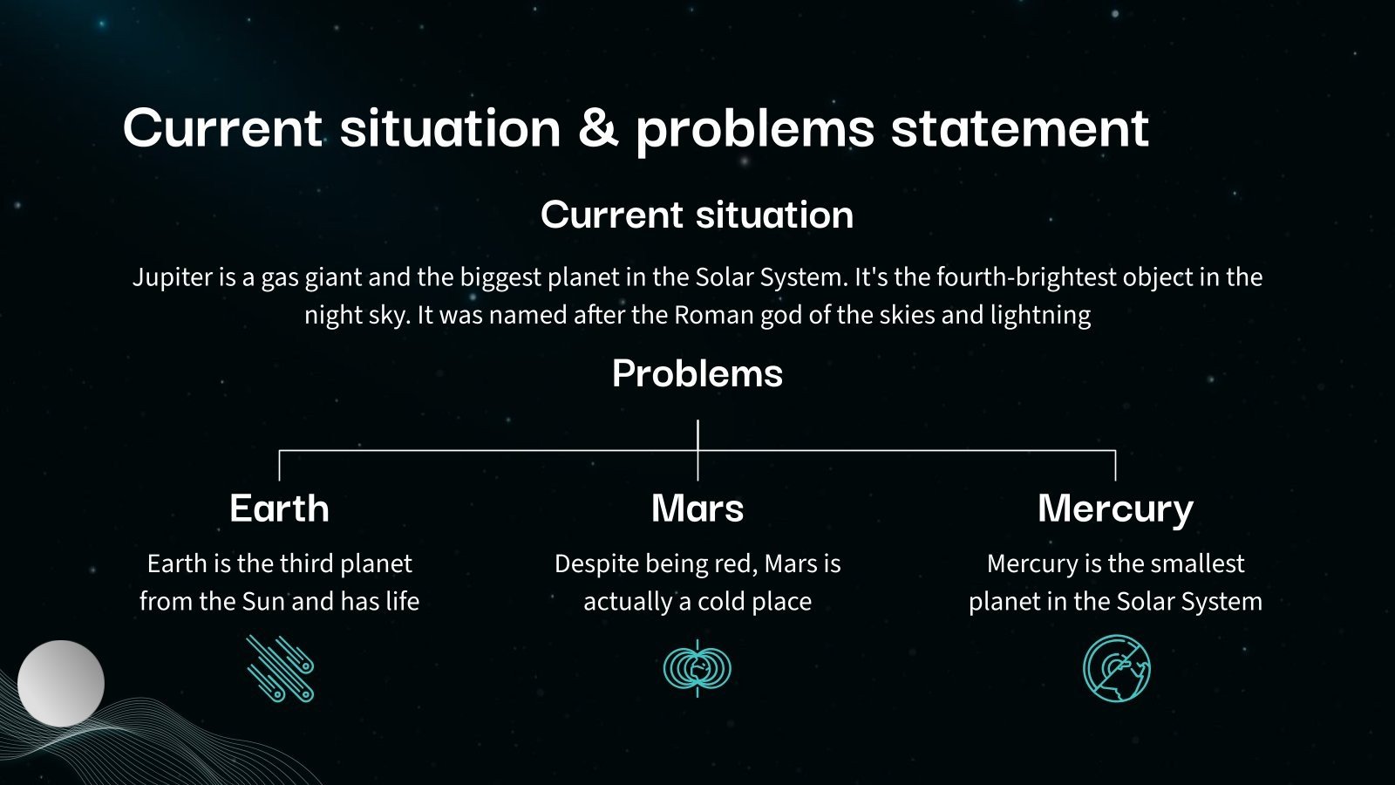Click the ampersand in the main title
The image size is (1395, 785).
598,127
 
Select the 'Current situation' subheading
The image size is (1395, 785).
697,215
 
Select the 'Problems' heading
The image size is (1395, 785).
697,374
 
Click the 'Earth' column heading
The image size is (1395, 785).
279,509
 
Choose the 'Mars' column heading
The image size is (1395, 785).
697,509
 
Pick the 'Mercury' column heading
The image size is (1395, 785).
1115,509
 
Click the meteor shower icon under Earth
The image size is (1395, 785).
280,668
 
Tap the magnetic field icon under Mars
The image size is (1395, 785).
697,668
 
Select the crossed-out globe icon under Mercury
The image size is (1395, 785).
1116,668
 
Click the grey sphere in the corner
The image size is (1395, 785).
61,684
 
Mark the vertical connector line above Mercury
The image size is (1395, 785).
1115,465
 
